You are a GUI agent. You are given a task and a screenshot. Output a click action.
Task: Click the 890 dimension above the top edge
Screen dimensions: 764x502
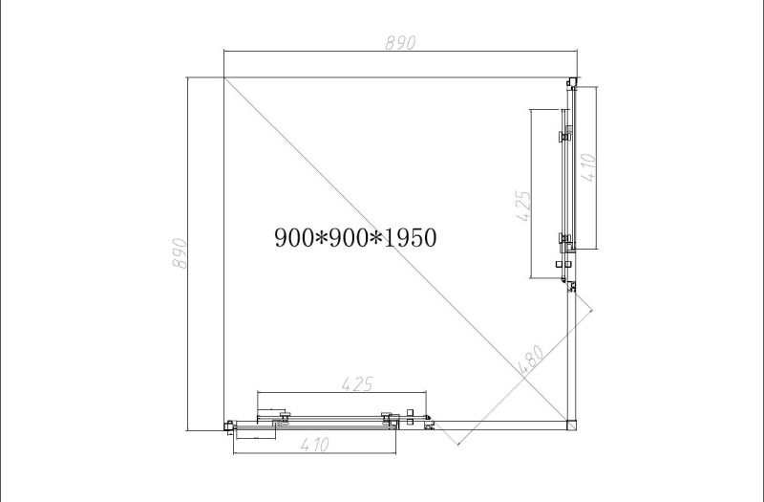point(400,43)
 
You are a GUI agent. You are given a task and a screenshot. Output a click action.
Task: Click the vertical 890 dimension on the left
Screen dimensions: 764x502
point(180,253)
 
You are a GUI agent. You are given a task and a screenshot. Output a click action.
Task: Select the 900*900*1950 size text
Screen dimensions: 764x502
point(355,238)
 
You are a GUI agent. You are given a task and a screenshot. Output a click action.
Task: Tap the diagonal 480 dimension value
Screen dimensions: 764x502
point(531,360)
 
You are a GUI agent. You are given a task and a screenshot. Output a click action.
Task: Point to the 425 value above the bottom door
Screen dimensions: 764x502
point(357,384)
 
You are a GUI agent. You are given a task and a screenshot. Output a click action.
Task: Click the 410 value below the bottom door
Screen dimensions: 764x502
point(315,445)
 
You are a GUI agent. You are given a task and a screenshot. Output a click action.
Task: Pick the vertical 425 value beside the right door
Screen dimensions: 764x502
point(523,206)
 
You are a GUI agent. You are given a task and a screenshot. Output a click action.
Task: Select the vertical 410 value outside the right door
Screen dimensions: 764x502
point(589,168)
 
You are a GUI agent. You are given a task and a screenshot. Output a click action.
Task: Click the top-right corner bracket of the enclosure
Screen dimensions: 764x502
point(571,82)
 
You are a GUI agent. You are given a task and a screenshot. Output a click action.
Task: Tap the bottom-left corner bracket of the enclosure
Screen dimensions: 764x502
point(229,426)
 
